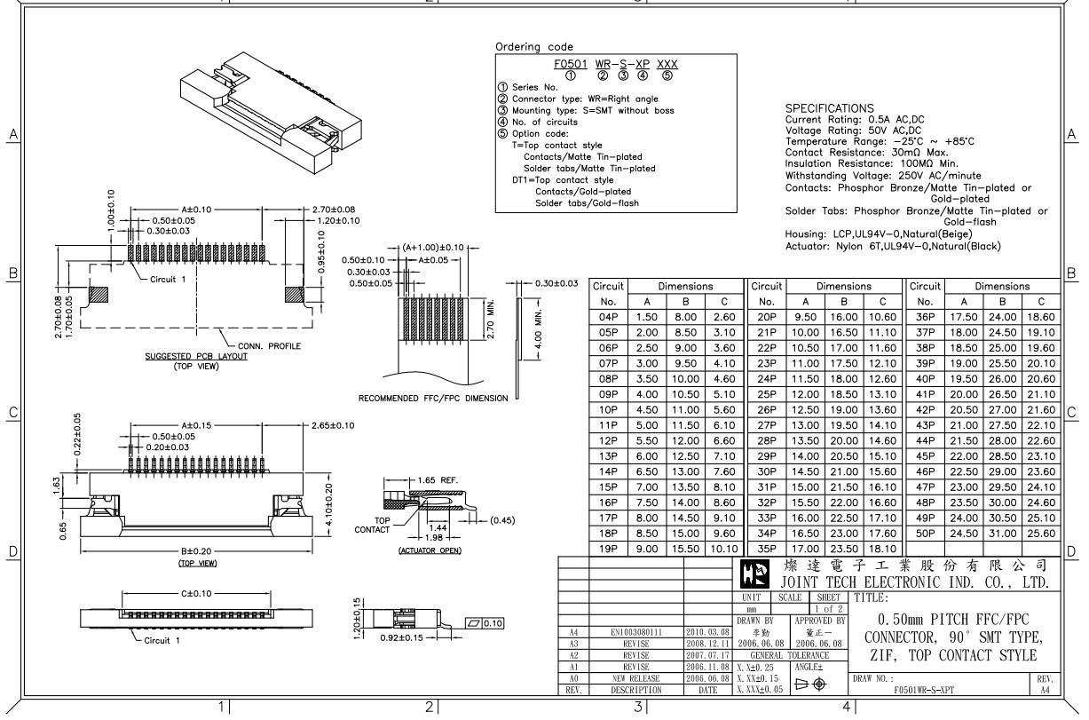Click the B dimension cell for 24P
pyautogui.click(x=843, y=379)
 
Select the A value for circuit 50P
pyautogui.click(x=964, y=534)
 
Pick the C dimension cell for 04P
pyautogui.click(x=724, y=317)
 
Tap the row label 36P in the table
pyautogui.click(x=925, y=317)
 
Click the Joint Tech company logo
pyautogui.click(x=754, y=574)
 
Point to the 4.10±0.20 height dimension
pyautogui.click(x=328, y=504)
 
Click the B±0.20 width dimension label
pyautogui.click(x=196, y=550)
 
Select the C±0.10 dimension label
pyautogui.click(x=196, y=594)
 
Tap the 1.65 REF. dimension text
pyautogui.click(x=438, y=480)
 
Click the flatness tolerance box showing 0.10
pyautogui.click(x=485, y=623)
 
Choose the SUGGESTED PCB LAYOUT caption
pyautogui.click(x=196, y=356)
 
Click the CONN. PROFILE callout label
pyautogui.click(x=269, y=346)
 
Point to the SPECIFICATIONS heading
pyautogui.click(x=829, y=108)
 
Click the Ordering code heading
pyautogui.click(x=534, y=47)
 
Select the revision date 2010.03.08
pyautogui.click(x=707, y=632)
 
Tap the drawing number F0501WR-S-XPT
pyautogui.click(x=924, y=690)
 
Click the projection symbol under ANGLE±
pyautogui.click(x=810, y=684)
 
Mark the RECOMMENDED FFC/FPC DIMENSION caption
pyautogui.click(x=433, y=398)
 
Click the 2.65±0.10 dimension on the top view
pyautogui.click(x=333, y=425)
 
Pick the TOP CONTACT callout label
pyautogui.click(x=372, y=525)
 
